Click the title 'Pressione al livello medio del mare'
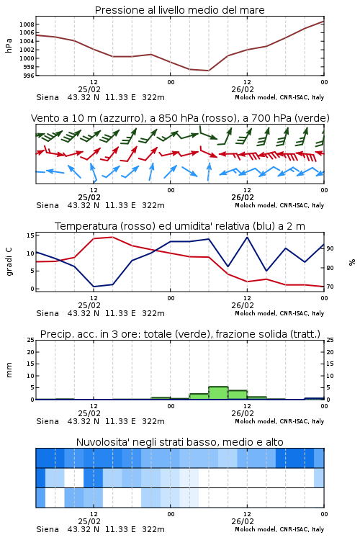[179, 10]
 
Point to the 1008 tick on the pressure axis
[27, 24]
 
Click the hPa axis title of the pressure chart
[9, 46]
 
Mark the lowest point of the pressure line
[208, 71]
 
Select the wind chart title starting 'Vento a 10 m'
[180, 118]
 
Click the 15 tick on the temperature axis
[30, 235]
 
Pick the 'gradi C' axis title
[9, 262]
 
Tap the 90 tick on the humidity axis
[330, 248]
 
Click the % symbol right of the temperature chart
[352, 262]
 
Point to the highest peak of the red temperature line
[112, 237]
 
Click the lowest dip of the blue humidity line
[94, 287]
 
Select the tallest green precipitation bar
[218, 393]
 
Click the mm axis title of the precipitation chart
[9, 370]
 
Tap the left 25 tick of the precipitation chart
[30, 340]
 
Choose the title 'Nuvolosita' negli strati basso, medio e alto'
[179, 442]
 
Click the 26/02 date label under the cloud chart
[243, 521]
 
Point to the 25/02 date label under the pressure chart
[89, 89]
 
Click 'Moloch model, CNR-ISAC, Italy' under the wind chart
[279, 205]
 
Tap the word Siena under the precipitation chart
[48, 421]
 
